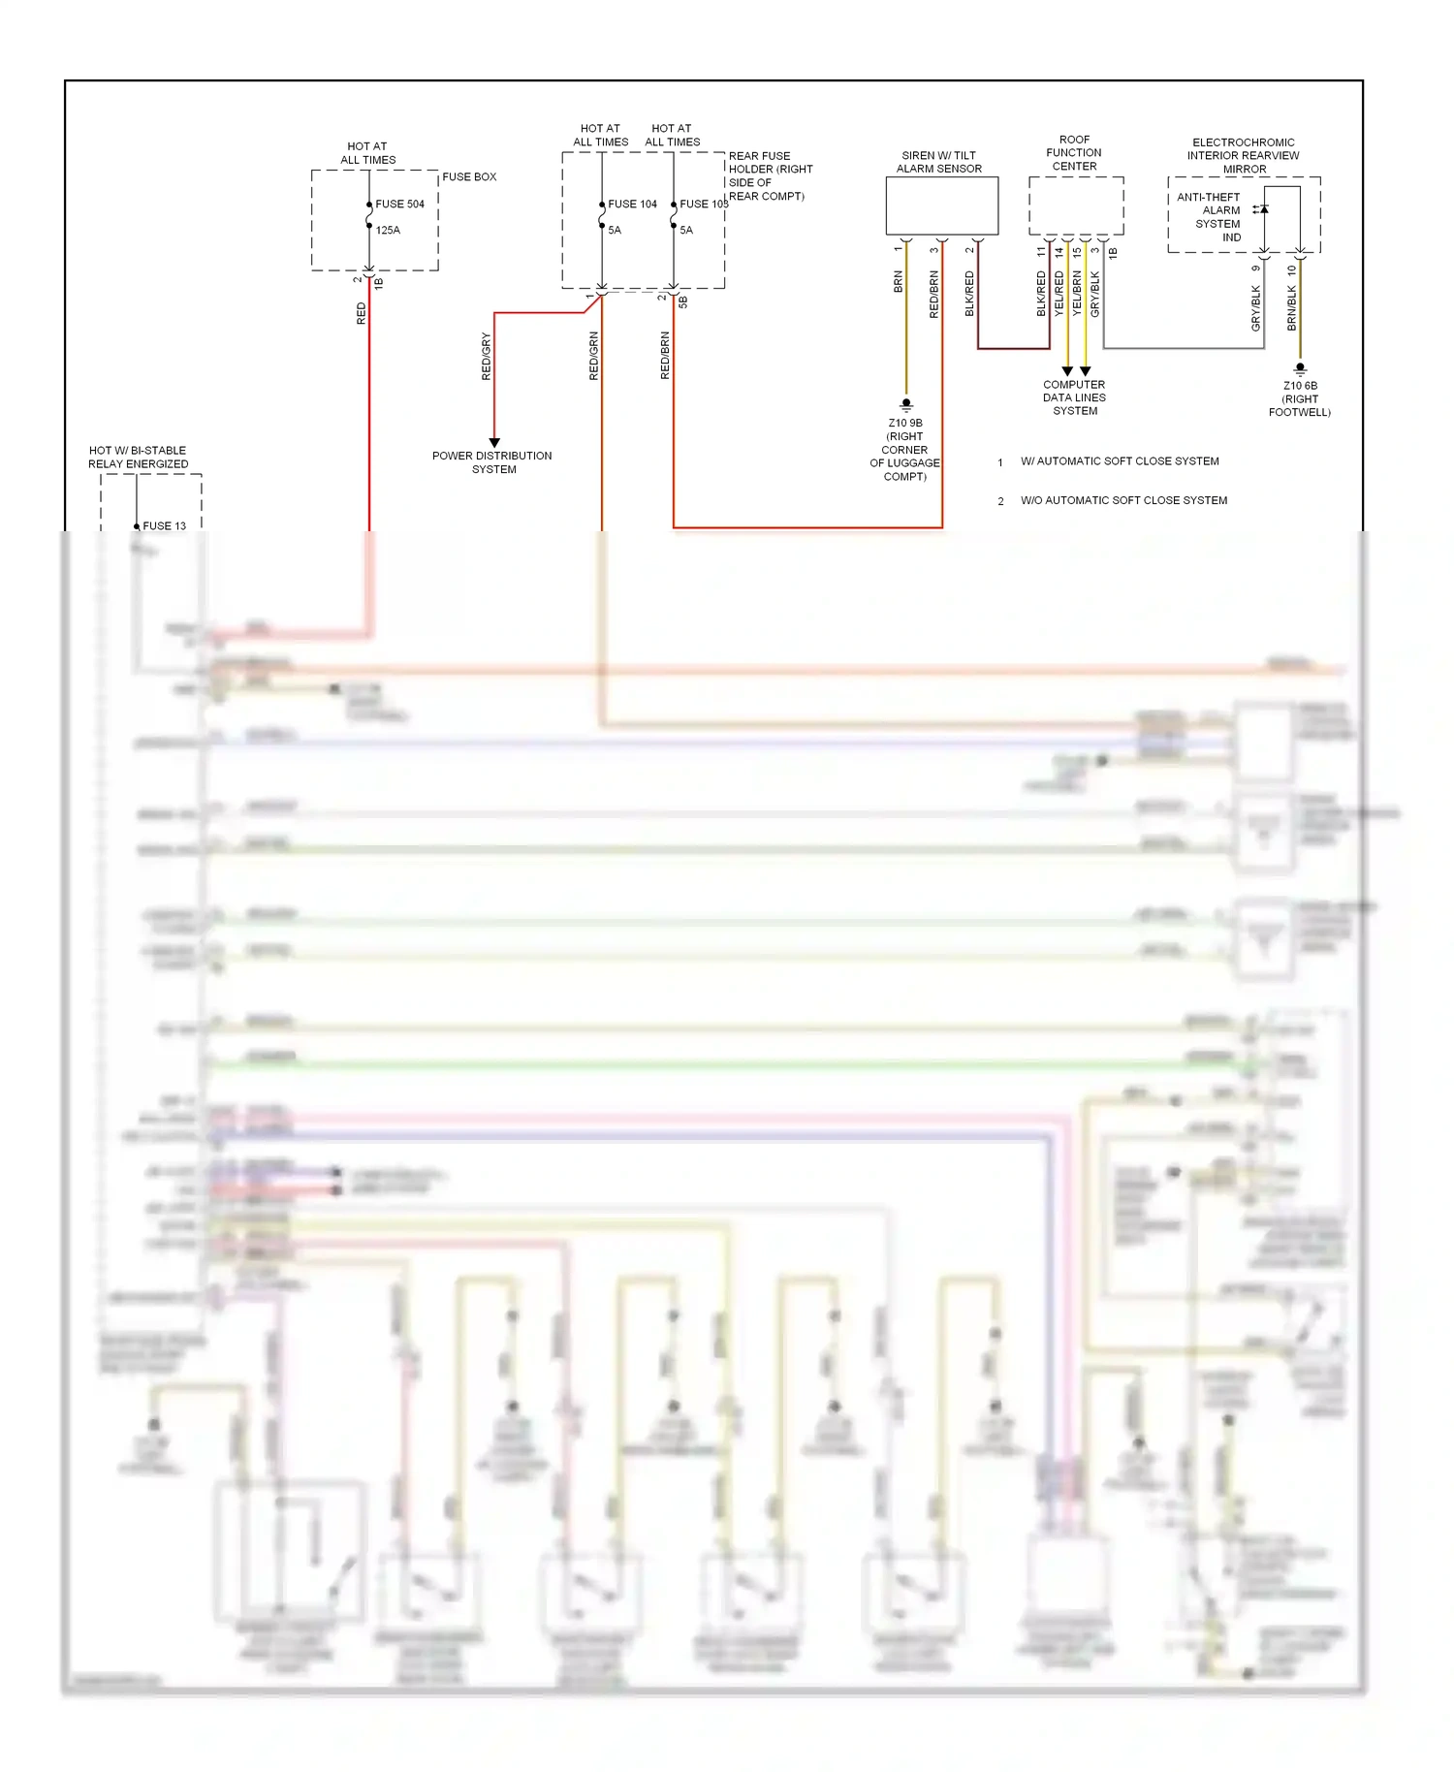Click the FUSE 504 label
coord(399,205)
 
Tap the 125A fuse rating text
coord(388,231)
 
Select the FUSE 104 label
coord(632,205)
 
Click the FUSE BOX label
coord(469,177)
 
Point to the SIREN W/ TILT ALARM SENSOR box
coord(941,206)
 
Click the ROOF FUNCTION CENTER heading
coord(1074,153)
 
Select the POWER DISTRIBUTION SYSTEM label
coord(492,462)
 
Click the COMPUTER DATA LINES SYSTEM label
coord(1074,397)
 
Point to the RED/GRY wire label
coord(487,356)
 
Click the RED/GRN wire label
coord(594,356)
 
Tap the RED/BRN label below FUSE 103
coord(665,356)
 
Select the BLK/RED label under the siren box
coord(969,294)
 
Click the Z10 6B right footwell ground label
coord(1300,398)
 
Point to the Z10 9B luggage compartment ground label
coord(905,450)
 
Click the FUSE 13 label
coord(164,526)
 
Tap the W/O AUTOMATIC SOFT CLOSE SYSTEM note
coord(1123,501)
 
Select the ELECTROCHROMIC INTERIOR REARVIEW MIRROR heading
coord(1244,156)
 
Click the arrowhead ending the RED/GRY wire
coord(494,442)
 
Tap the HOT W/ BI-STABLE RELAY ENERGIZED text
coord(138,458)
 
